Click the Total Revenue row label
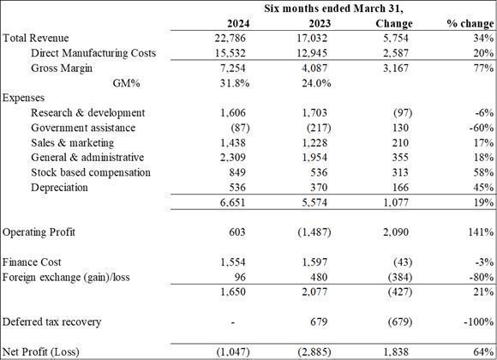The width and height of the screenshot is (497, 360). [x=35, y=38]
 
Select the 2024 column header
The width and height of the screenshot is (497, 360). [x=238, y=23]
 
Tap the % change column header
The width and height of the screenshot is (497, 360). [x=470, y=23]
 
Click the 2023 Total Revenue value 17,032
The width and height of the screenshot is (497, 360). [x=312, y=38]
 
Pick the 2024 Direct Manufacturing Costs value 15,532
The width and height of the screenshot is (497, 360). [x=231, y=53]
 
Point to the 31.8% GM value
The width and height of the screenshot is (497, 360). [x=235, y=83]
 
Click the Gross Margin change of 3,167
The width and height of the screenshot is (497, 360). [x=396, y=69]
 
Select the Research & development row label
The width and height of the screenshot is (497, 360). [x=87, y=113]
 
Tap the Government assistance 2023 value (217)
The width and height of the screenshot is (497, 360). [x=319, y=128]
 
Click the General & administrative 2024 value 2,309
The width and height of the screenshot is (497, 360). [x=233, y=158]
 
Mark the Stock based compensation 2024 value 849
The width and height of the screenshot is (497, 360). [x=237, y=172]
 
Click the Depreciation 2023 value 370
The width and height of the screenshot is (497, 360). [x=319, y=188]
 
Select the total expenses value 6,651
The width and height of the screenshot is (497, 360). [x=233, y=202]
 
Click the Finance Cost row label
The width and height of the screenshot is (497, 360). [x=32, y=262]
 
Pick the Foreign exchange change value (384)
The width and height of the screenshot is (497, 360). [x=400, y=277]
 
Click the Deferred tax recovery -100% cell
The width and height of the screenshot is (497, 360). [x=479, y=322]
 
